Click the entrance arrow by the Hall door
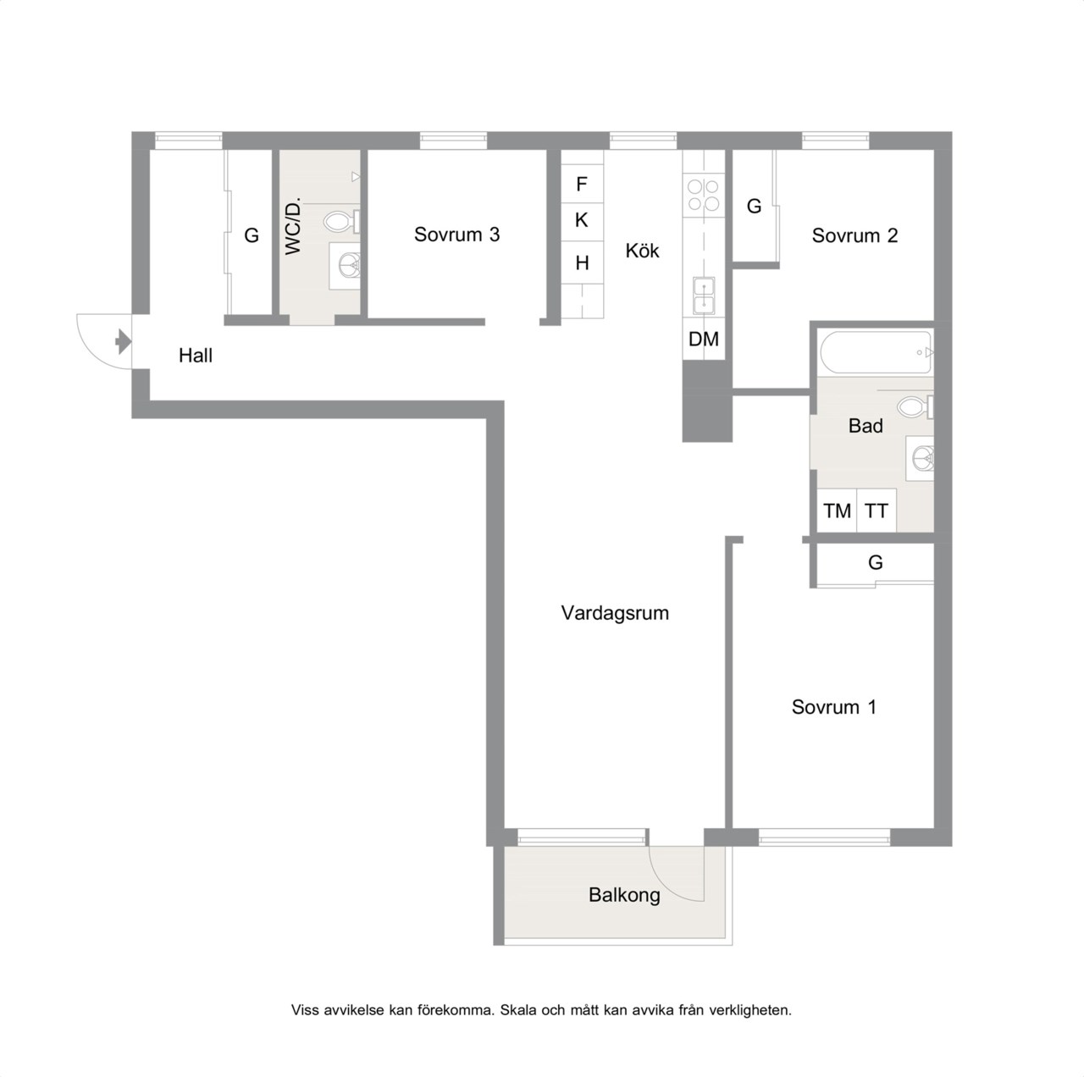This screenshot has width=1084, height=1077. (123, 341)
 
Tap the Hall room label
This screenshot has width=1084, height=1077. (195, 356)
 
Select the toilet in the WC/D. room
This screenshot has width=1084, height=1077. (342, 222)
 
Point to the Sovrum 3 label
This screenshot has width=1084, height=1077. (456, 235)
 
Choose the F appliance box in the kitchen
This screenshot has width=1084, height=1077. (582, 184)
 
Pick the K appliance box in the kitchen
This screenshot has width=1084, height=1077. (582, 221)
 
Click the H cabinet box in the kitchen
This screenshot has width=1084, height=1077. (582, 262)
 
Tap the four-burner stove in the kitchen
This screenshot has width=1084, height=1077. (704, 195)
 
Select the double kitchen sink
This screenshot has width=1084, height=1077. (704, 296)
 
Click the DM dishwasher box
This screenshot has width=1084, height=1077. (704, 339)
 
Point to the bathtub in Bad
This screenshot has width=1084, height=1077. (876, 352)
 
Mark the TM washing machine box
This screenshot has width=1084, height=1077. (837, 511)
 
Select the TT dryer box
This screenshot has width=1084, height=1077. (877, 511)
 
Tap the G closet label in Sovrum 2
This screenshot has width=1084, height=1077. (754, 207)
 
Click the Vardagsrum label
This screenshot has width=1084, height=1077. (615, 613)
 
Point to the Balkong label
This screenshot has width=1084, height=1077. (624, 895)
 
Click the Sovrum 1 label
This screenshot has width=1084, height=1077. (833, 707)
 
